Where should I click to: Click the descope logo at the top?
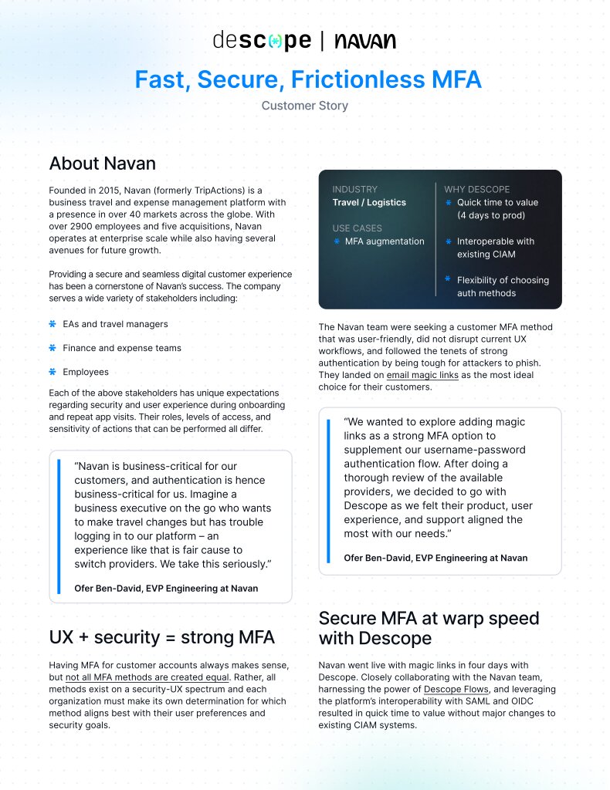[262, 41]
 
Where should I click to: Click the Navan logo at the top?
[365, 42]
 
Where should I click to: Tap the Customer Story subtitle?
[305, 106]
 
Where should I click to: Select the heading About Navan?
[102, 164]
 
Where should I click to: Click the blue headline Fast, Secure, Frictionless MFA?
[308, 79]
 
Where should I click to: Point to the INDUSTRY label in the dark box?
[354, 189]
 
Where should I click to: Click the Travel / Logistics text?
[369, 202]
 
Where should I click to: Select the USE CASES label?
[357, 228]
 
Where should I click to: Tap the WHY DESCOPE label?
[476, 189]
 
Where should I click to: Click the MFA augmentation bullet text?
[385, 241]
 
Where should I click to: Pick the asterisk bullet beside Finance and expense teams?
[53, 348]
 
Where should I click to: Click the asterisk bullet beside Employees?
[53, 372]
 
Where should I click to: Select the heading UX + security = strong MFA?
[161, 637]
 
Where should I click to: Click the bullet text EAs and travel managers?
[115, 324]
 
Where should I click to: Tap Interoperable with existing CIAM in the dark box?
[495, 248]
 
